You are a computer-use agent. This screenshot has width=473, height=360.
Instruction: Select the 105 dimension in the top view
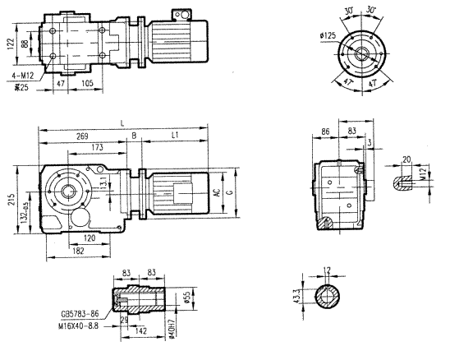click(86, 84)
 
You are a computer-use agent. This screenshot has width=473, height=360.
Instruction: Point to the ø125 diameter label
click(328, 36)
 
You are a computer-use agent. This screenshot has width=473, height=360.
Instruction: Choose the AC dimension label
click(216, 194)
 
